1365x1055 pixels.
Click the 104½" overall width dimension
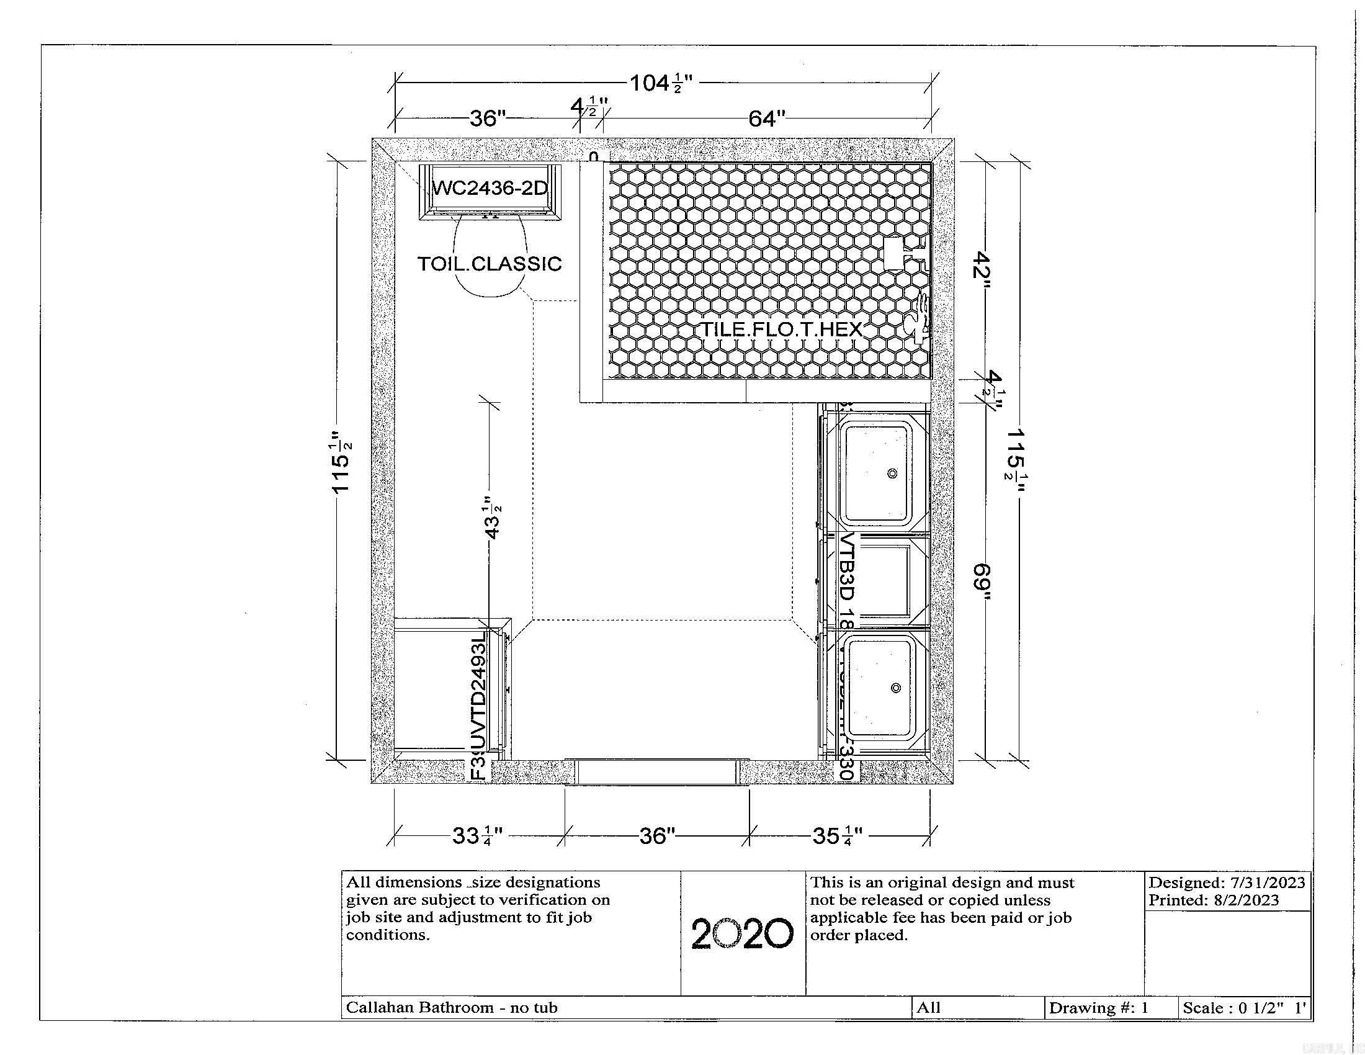661,83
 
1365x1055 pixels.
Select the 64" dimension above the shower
766,118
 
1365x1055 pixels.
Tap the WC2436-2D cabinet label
490,187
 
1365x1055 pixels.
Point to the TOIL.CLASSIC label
490,264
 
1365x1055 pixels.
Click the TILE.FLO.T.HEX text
781,330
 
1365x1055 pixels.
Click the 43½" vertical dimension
493,518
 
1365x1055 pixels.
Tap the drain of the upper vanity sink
892,473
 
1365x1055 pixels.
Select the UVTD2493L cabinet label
478,691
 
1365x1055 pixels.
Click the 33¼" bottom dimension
478,836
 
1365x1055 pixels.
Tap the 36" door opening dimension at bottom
657,836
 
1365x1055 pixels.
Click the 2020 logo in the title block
743,934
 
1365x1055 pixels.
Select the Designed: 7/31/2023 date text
1226,882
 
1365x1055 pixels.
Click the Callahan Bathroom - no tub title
452,1007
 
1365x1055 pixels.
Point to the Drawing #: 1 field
1098,1007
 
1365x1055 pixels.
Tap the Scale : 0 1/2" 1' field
1244,1007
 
